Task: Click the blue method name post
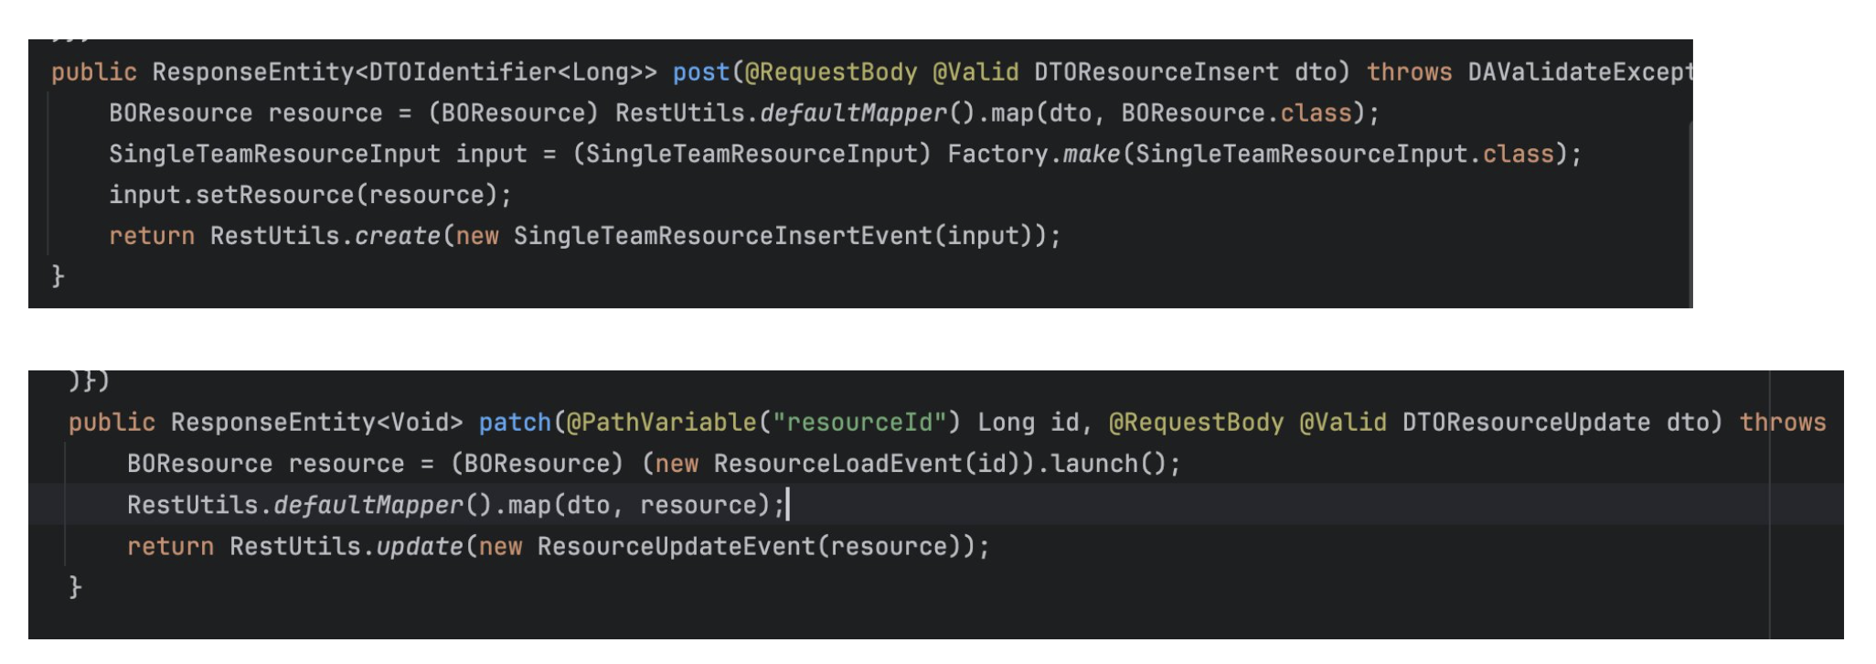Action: [701, 72]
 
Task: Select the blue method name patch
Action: [515, 423]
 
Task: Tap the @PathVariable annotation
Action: [662, 423]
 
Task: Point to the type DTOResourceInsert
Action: [1157, 72]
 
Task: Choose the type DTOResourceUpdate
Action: [1526, 423]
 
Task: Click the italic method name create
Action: [398, 236]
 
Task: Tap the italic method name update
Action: [420, 547]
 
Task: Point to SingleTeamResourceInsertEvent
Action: [722, 236]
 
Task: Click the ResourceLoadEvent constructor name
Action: [837, 464]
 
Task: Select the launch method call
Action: [1094, 464]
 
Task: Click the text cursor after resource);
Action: [787, 504]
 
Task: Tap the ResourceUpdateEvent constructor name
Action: [676, 547]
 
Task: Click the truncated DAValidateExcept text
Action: [1580, 72]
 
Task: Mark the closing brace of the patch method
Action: [75, 586]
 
